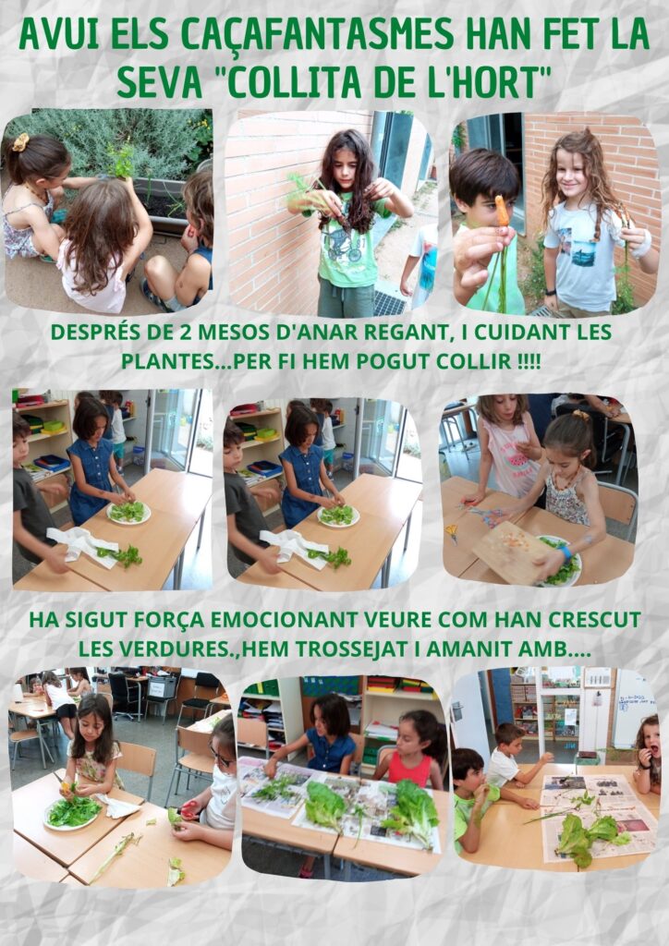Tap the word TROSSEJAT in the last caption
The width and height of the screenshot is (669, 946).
(x=347, y=649)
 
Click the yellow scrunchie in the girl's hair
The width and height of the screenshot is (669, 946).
(x=20, y=142)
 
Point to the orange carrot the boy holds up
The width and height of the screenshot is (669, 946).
(x=503, y=211)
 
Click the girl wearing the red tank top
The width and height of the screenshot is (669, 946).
(x=413, y=750)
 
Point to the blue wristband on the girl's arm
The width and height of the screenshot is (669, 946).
(x=565, y=552)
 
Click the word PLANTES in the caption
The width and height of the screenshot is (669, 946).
(x=166, y=361)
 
